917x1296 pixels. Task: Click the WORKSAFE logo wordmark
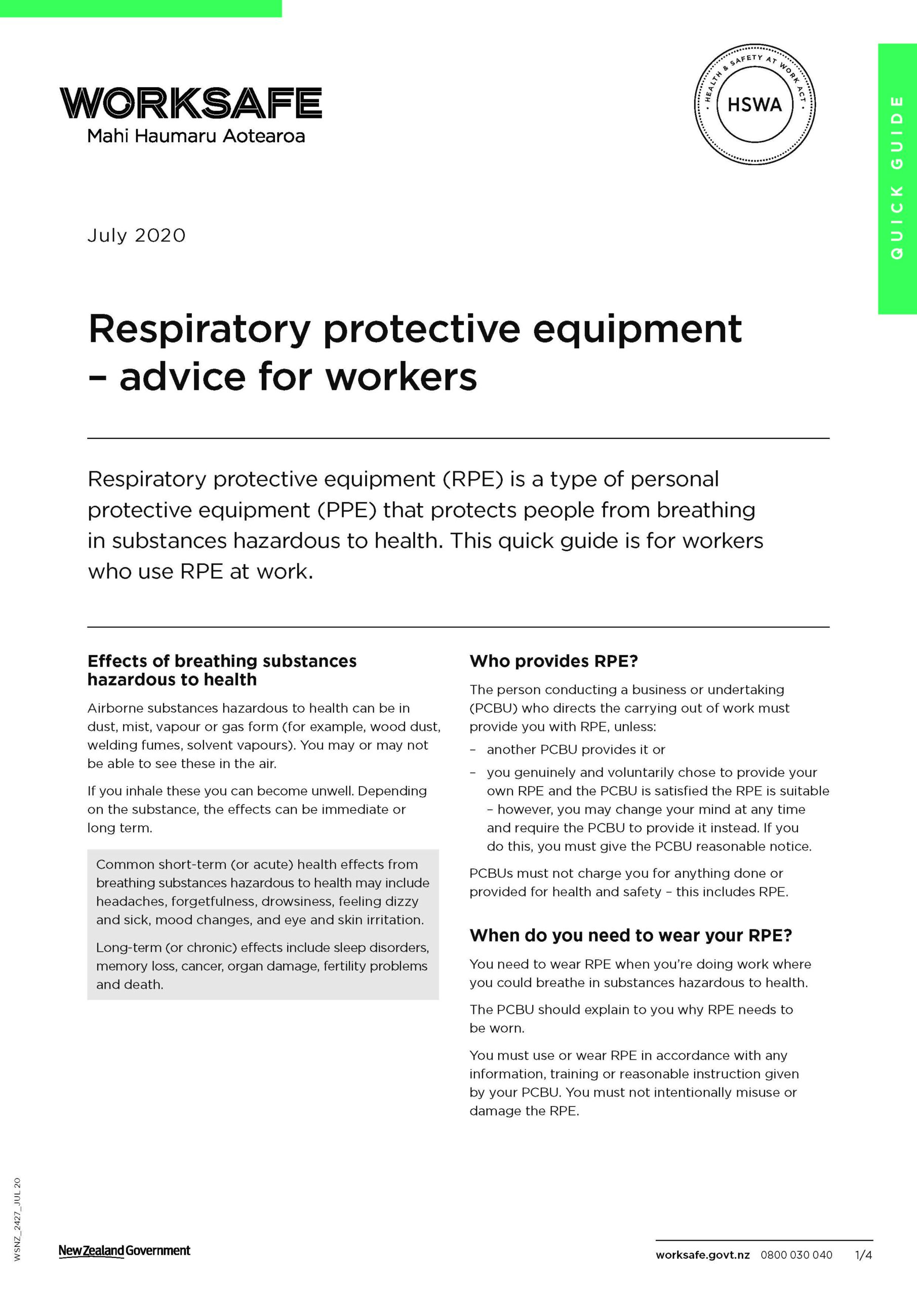(190, 103)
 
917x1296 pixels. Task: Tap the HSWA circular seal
(754, 104)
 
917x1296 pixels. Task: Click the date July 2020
(136, 235)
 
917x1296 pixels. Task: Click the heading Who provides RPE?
(553, 661)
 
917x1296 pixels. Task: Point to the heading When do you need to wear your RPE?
(630, 936)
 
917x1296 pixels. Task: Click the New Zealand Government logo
(124, 1250)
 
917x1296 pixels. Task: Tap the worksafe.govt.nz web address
(702, 1255)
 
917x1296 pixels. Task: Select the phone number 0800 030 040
(796, 1255)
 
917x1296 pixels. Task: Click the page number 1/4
(863, 1255)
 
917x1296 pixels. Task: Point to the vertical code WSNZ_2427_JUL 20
(17, 1219)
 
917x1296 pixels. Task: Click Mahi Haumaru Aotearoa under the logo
(195, 136)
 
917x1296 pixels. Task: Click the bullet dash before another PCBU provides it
(473, 750)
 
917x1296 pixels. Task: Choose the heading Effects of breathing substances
(221, 661)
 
